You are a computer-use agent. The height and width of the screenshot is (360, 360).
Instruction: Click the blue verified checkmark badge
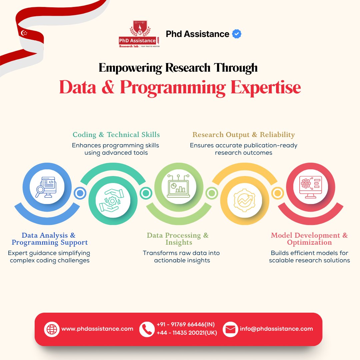point(237,34)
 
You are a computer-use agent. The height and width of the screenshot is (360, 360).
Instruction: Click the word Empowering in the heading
point(130,68)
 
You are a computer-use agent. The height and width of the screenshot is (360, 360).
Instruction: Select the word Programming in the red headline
point(173,87)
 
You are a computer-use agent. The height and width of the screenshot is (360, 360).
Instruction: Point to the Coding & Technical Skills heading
point(116,135)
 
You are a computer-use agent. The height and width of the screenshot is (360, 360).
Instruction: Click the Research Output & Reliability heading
point(244,135)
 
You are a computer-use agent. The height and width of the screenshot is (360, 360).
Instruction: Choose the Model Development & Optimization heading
point(309,239)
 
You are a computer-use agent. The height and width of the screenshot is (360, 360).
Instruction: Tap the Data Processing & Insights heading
point(178,239)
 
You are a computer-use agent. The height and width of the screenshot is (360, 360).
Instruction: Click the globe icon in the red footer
point(52,329)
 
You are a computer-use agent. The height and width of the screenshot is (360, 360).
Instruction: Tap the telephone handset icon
point(147,329)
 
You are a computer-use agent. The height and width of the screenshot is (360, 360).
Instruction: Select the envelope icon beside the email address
point(230,329)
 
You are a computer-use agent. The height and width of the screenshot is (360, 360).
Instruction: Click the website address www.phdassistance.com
point(97,329)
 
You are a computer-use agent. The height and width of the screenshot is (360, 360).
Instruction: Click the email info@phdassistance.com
point(276,329)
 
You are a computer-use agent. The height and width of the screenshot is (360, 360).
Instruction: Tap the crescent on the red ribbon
point(24,33)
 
